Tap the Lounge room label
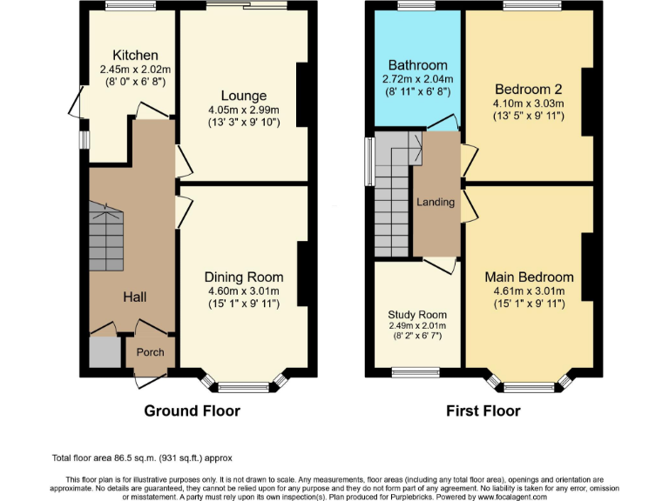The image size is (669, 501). [x=243, y=96]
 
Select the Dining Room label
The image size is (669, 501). [x=244, y=277]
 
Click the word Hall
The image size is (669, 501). [x=134, y=297]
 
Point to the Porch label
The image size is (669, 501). [x=150, y=352]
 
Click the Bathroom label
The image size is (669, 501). [x=417, y=65]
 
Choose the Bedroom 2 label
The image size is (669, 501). [x=529, y=89]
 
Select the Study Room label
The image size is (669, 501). [x=417, y=315]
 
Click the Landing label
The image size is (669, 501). [x=436, y=202]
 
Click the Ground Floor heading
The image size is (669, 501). [x=192, y=411]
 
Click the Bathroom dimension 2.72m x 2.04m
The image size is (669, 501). [x=417, y=78]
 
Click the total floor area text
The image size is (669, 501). [x=142, y=458]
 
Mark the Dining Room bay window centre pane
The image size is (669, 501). [x=244, y=386]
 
